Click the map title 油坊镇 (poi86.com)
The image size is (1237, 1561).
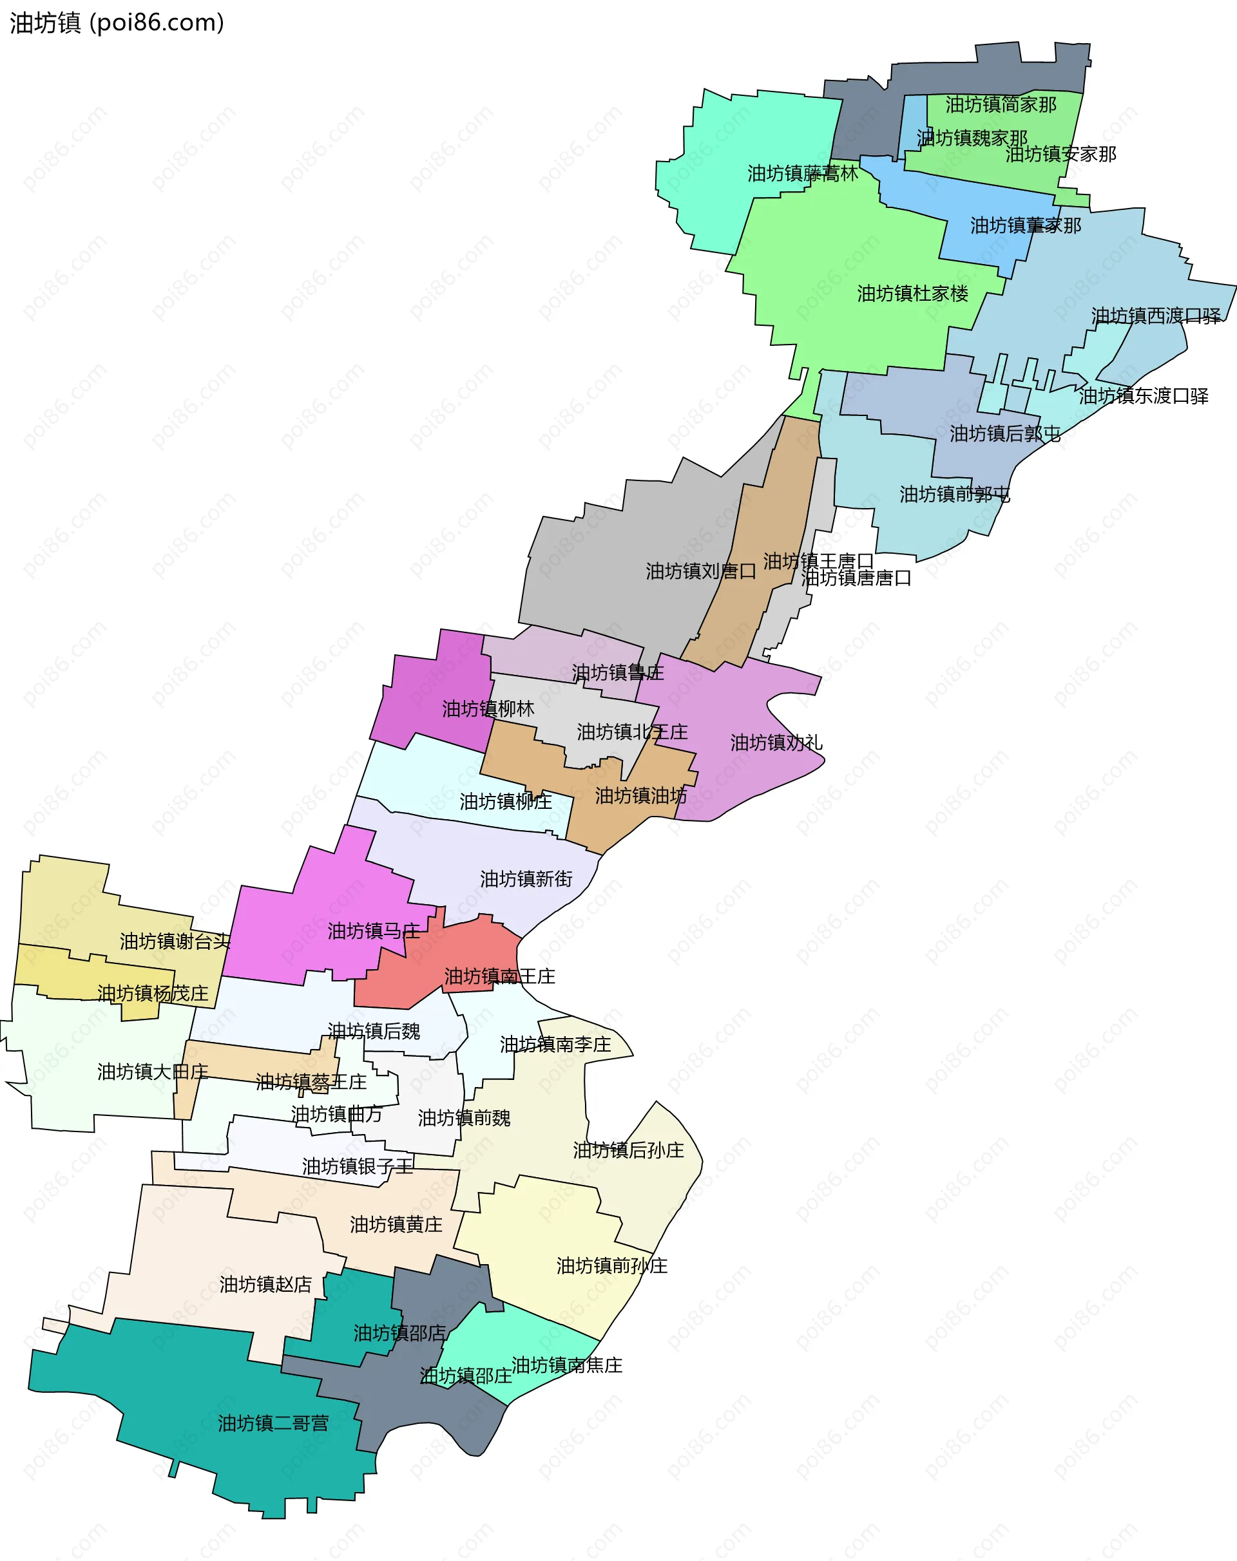click(117, 23)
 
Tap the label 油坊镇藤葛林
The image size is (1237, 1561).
click(803, 174)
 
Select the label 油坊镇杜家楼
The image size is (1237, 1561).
click(912, 294)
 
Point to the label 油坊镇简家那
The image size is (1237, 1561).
click(1001, 105)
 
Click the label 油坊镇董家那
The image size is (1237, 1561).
click(1026, 226)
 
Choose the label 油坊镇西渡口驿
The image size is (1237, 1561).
click(1156, 316)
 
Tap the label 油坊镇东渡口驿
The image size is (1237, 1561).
click(1144, 397)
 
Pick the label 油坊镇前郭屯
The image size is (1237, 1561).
click(955, 495)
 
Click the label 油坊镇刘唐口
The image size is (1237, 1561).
click(701, 572)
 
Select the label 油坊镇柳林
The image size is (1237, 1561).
click(488, 710)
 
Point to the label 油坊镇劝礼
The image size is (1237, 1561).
click(776, 743)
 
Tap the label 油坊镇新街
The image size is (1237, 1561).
click(526, 880)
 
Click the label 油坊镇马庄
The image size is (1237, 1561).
click(374, 932)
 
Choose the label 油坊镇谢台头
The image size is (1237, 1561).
click(175, 942)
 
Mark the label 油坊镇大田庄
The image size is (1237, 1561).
click(153, 1072)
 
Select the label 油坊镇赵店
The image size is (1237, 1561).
click(266, 1285)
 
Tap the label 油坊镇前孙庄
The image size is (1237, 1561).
click(611, 1266)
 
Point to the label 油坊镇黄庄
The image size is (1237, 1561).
click(396, 1225)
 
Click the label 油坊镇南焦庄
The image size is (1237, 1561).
click(567, 1365)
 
